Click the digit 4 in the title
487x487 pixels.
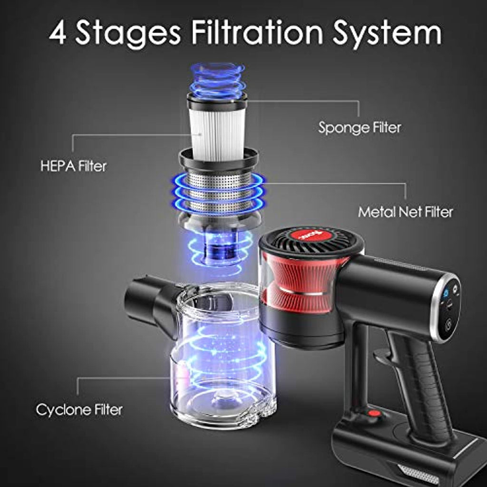coord(58,32)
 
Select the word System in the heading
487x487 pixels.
coord(387,34)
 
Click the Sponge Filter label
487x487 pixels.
coord(360,128)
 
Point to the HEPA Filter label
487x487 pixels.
coord(74,166)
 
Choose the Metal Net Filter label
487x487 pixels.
coord(405,212)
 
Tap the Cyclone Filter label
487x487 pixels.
coord(79,410)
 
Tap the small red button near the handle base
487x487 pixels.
coord(375,413)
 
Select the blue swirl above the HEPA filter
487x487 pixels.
coord(217,79)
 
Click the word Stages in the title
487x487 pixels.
coord(128,34)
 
